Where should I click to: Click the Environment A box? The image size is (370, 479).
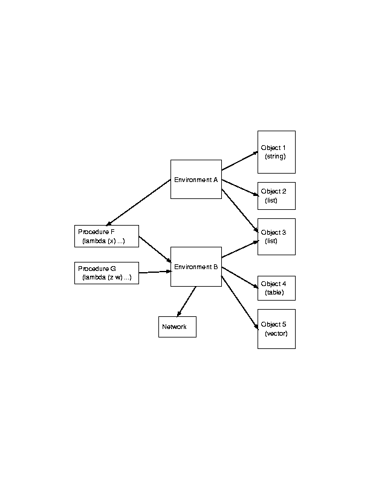pos(196,179)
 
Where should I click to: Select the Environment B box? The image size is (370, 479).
pos(196,267)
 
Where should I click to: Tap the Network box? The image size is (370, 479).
pos(177,327)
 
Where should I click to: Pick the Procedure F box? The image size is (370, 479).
pos(105,236)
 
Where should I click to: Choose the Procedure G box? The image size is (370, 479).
pos(105,273)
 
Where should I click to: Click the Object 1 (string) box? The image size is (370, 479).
pos(276,151)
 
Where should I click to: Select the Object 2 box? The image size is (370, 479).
pos(276,195)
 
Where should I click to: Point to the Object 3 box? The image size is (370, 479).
pos(276,236)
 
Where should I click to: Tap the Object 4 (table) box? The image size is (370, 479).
pos(276,288)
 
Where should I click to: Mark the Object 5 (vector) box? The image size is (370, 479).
pos(276,328)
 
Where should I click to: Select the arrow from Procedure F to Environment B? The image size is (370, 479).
pos(155,249)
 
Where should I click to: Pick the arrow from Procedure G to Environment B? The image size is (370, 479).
pos(155,273)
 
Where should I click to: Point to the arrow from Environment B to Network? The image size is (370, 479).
pos(186,301)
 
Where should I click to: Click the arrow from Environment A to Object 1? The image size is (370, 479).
pos(239,161)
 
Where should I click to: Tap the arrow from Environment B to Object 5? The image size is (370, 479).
pos(239,302)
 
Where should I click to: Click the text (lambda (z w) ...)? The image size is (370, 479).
pos(106,278)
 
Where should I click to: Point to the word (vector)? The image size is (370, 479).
pos(276,334)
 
